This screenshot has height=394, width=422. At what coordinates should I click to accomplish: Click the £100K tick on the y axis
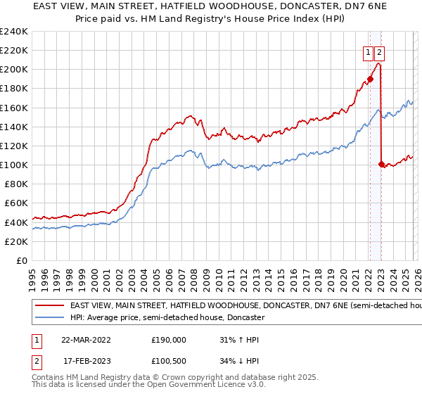13,165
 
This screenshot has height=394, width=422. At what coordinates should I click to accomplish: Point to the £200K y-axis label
13,70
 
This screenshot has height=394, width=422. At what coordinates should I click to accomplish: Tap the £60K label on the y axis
15,203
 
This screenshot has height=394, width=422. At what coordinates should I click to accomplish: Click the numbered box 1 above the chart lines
368,51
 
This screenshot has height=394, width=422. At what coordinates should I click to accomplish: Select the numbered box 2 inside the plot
380,51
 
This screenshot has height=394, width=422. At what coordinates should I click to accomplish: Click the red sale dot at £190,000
370,80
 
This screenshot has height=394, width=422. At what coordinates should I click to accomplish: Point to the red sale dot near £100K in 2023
381,165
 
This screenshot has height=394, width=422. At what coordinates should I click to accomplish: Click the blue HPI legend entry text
167,318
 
